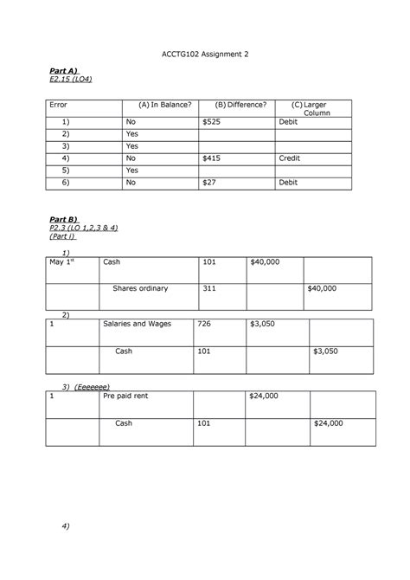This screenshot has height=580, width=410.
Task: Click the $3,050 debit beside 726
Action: [x=263, y=324]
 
